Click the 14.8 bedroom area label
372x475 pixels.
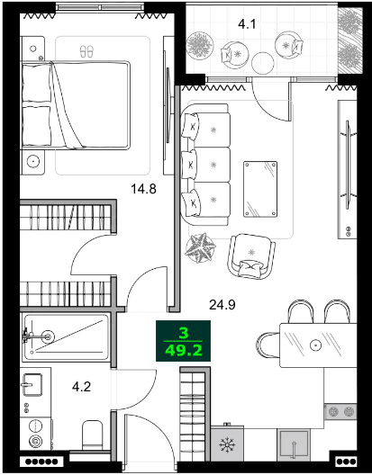145,190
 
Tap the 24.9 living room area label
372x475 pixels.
222,305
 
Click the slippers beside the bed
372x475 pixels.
86,51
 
